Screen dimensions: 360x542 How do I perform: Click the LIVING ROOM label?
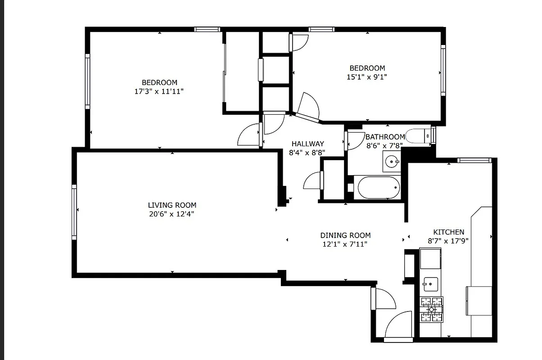172,205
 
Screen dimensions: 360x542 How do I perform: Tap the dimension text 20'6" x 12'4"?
172,214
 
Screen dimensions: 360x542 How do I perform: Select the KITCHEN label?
446,232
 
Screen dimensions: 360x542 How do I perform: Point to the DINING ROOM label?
345,235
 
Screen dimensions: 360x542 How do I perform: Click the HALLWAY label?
307,144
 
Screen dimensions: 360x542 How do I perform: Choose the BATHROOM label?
385,137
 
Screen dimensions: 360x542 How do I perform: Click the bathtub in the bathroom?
378,187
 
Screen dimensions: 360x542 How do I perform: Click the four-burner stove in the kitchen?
431,310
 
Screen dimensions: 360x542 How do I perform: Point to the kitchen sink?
430,283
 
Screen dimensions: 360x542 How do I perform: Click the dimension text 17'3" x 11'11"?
159,91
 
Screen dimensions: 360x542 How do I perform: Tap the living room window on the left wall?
74,211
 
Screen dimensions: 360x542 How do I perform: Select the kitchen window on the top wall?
473,160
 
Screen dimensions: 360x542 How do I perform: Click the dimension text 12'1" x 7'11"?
345,244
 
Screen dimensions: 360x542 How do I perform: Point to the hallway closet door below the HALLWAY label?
314,181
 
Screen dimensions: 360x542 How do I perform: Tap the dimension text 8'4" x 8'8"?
307,153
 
